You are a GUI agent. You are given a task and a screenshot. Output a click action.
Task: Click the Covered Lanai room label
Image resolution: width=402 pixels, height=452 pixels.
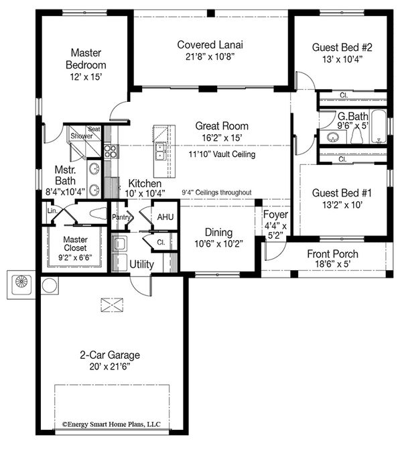point(210,45)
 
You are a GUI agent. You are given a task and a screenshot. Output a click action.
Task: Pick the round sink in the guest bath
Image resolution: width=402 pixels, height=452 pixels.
point(330,137)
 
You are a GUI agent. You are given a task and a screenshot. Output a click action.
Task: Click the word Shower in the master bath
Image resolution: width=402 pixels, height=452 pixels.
point(82,136)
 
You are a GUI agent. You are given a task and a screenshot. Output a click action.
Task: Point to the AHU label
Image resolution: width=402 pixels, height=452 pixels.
point(165,217)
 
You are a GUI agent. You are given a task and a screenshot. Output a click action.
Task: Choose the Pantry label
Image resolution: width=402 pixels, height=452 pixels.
point(121,217)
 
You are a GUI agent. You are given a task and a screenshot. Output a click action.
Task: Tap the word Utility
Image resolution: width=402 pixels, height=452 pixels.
point(141,264)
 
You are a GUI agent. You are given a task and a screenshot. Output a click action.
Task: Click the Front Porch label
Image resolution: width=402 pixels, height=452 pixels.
point(332,253)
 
